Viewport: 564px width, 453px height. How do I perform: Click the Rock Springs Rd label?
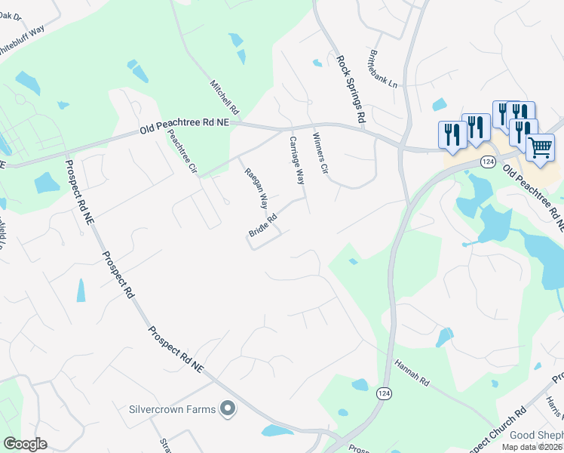[351, 88]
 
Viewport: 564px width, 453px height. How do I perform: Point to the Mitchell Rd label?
[224, 98]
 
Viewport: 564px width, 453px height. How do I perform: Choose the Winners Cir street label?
[320, 156]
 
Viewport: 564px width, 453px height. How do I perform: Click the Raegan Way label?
[256, 188]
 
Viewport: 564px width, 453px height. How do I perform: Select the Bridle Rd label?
[263, 224]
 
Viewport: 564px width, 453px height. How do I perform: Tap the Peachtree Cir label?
[182, 151]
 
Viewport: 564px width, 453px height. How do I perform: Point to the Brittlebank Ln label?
[382, 69]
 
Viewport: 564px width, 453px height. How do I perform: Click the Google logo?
[25, 444]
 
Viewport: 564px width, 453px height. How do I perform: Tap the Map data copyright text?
[532, 446]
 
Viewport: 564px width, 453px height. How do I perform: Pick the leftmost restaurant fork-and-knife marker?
[452, 134]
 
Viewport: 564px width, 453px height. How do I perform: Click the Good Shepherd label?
[536, 435]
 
